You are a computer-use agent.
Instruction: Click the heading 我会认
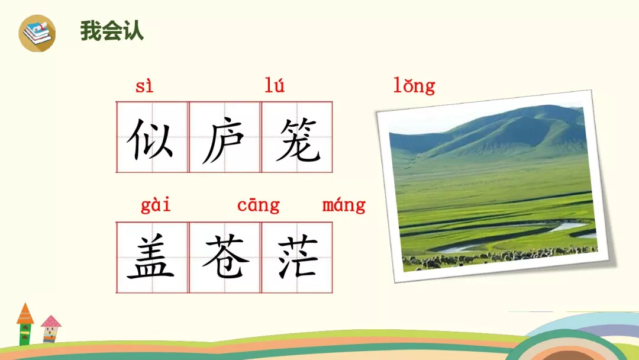point(112,31)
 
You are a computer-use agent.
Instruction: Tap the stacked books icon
point(37,33)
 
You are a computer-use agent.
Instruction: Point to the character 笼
point(297,140)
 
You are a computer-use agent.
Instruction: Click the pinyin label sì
point(144,86)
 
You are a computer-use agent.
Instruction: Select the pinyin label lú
point(275,86)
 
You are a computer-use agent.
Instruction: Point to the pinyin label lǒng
point(414,86)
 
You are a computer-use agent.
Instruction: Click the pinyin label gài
point(156,205)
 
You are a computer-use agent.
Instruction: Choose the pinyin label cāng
point(258,205)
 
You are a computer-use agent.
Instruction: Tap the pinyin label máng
point(344,205)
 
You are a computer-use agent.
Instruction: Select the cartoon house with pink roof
point(51,329)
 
